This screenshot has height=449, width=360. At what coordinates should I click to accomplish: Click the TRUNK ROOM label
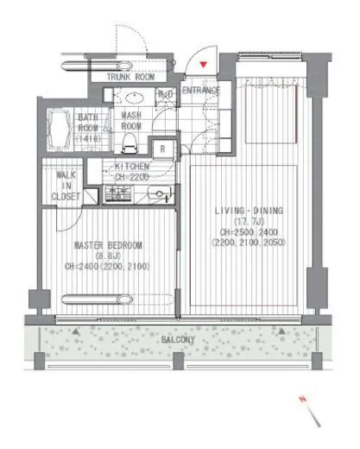(130, 77)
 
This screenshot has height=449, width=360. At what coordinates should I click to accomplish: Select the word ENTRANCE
(200, 90)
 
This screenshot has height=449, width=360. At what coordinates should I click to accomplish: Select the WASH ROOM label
(131, 120)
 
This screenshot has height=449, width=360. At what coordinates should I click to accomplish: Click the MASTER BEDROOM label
(109, 245)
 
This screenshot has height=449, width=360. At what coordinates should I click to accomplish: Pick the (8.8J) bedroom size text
(109, 256)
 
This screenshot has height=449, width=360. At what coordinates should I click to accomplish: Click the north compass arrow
(312, 413)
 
